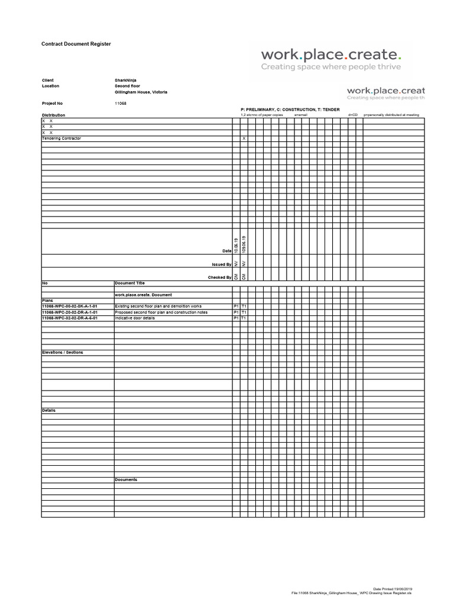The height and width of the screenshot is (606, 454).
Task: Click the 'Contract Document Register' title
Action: [76, 44]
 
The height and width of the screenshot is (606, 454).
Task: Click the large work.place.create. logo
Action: [331, 55]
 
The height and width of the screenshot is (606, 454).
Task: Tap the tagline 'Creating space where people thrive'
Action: [331, 67]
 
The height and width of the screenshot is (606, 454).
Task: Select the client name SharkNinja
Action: [125, 80]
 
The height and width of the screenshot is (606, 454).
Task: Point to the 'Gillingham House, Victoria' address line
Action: [141, 92]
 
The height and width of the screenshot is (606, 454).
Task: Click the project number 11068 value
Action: [120, 103]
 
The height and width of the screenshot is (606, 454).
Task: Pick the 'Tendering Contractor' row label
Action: [61, 138]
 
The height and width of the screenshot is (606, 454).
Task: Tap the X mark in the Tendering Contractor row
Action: [244, 138]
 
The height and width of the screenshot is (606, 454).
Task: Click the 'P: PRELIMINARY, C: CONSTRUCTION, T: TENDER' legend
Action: [290, 109]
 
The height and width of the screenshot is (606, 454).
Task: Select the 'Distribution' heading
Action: [53, 115]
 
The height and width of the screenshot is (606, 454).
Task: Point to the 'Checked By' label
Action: [219, 277]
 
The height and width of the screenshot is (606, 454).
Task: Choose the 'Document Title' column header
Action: [129, 283]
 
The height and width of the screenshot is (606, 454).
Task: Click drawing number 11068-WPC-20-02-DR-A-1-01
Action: [70, 312]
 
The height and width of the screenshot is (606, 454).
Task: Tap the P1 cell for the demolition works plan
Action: [236, 306]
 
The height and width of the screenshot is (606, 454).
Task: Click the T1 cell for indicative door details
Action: [244, 318]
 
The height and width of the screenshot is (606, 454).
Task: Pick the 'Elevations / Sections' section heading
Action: [63, 352]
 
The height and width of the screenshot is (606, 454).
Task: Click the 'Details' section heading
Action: [48, 410]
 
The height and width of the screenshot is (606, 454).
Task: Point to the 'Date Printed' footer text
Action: [393, 589]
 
